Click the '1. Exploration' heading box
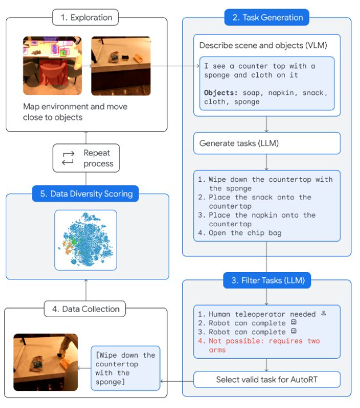click(x=85, y=18)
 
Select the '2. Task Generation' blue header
click(x=267, y=18)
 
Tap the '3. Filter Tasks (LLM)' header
click(x=267, y=280)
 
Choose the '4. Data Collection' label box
click(x=85, y=309)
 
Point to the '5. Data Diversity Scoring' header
click(x=85, y=194)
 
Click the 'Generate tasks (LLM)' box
click(x=267, y=143)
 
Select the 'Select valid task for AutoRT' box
click(x=267, y=379)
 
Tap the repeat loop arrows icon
click(x=68, y=158)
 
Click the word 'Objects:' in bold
click(x=221, y=93)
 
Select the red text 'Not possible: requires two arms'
click(x=259, y=345)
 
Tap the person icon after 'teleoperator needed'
click(x=323, y=313)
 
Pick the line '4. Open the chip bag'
click(x=240, y=233)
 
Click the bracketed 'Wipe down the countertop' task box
click(x=125, y=368)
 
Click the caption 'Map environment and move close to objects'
click(x=75, y=112)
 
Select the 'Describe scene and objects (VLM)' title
click(x=263, y=45)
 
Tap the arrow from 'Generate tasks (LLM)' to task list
click(x=266, y=162)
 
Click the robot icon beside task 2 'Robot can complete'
click(x=294, y=322)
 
